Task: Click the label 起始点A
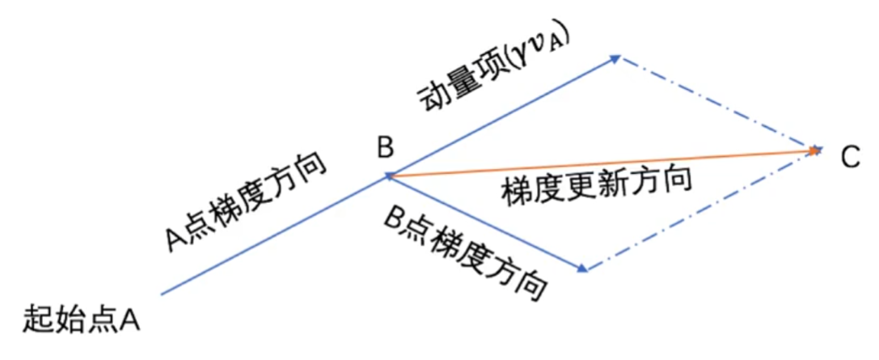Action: coord(82,318)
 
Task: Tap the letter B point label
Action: coord(385,147)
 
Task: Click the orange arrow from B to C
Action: coord(598,162)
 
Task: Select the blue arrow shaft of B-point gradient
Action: coord(485,222)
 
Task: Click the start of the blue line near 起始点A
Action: coord(164,293)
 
